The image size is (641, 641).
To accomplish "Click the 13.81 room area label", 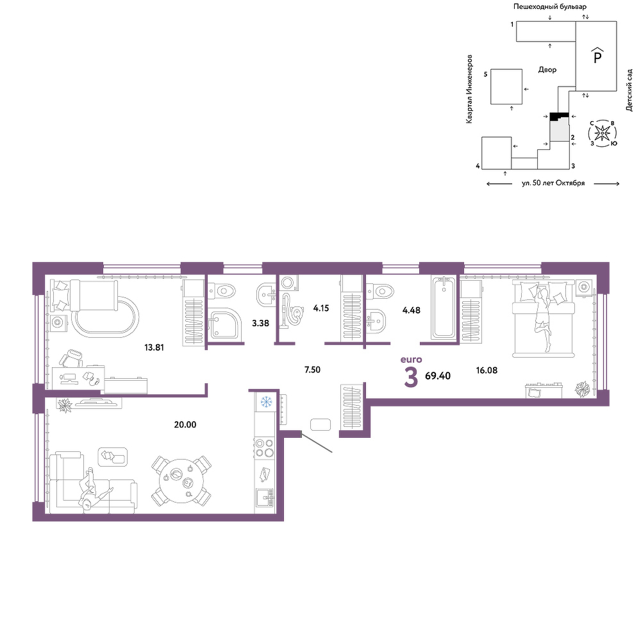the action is [154, 347].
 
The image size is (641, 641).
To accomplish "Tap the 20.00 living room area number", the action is [185, 425].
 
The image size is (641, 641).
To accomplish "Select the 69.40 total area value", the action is [438, 376].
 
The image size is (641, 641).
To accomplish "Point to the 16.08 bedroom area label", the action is [487, 370].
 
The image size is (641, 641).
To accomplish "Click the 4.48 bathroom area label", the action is [412, 310].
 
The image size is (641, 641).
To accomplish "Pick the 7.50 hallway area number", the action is [312, 370].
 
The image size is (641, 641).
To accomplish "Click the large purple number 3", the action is [411, 378].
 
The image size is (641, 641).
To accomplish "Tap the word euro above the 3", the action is [412, 360].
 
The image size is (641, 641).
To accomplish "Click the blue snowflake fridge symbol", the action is [267, 403].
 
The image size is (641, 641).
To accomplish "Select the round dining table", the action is [181, 480].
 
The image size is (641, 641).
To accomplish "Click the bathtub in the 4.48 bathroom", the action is [444, 308].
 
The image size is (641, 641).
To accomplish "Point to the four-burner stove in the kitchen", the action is [265, 447].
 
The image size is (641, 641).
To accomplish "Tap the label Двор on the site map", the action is [547, 70].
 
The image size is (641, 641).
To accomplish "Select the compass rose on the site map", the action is [603, 133].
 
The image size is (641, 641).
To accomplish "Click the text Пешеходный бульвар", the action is [550, 7].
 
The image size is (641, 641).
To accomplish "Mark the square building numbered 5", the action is [506, 87].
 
